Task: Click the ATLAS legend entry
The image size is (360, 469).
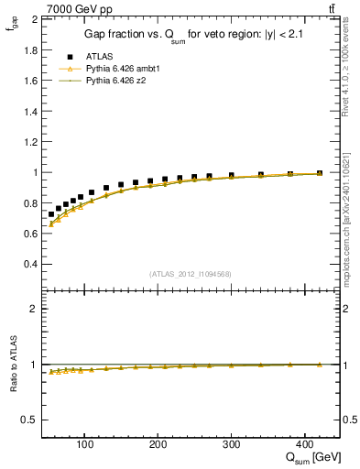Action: click(x=98, y=57)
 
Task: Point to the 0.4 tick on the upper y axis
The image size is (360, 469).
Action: click(x=29, y=264)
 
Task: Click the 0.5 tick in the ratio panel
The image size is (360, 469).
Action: click(x=29, y=420)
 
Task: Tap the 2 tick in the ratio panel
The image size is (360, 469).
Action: click(x=33, y=309)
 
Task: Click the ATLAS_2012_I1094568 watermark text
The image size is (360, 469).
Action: click(x=190, y=274)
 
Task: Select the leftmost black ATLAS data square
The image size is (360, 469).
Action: click(x=51, y=213)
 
